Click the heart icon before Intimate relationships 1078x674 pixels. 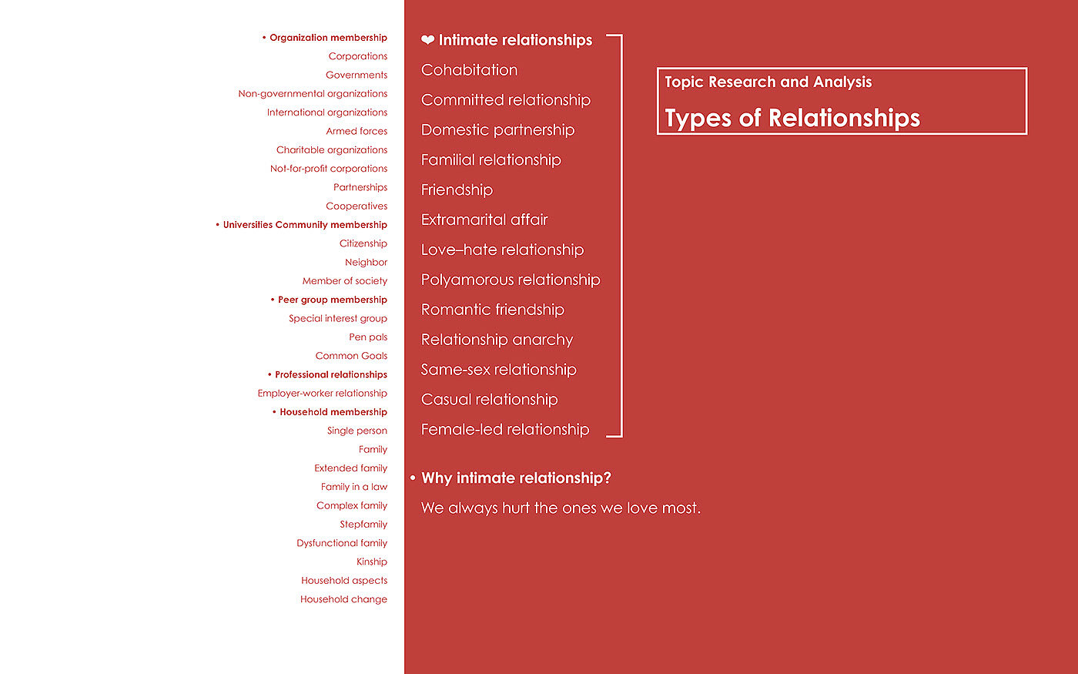(427, 40)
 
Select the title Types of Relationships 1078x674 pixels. (792, 118)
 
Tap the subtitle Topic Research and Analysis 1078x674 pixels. (768, 82)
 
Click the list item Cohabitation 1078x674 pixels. (469, 70)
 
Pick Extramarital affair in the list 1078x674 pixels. (484, 220)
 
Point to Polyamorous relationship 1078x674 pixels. (511, 280)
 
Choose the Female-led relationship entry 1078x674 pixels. (505, 429)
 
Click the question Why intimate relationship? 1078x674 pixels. (516, 478)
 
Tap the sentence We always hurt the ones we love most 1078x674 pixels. (561, 508)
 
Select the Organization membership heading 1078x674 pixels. (328, 38)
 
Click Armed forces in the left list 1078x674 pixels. (357, 131)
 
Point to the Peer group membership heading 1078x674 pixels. (332, 300)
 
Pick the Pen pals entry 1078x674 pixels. (368, 337)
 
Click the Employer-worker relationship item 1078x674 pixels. (322, 393)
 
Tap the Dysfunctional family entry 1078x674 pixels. (342, 543)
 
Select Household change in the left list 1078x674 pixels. (343, 599)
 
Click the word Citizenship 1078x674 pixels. (363, 243)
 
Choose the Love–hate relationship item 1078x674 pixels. (502, 250)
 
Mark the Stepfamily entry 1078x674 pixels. (363, 525)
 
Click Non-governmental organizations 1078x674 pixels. (313, 94)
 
